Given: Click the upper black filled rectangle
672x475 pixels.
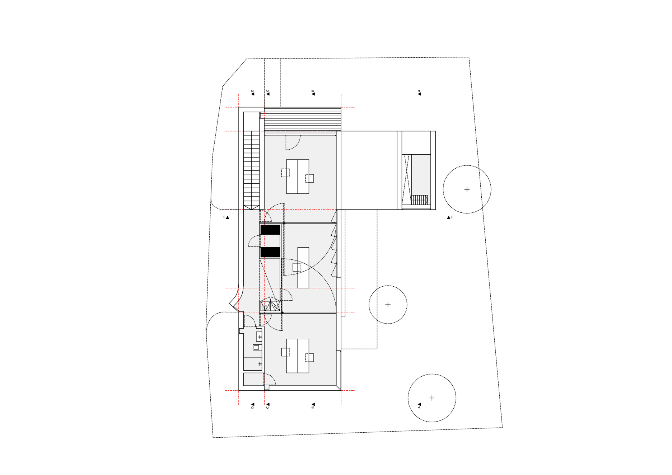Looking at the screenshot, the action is [x=270, y=230].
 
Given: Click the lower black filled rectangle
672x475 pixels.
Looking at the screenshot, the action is [x=270, y=252].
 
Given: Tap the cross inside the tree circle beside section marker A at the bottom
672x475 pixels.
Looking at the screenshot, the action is [x=432, y=398].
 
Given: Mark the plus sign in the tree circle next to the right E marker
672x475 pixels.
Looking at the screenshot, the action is [x=467, y=189].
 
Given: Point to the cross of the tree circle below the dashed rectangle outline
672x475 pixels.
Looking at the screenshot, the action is [x=388, y=305].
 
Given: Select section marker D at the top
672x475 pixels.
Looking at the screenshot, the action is [x=252, y=93].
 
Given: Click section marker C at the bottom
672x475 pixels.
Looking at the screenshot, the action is [x=267, y=405].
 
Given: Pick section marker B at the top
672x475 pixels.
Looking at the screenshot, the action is [x=313, y=93].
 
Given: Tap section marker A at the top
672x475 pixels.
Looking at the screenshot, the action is [x=419, y=93].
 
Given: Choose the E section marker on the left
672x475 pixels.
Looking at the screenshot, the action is [x=226, y=217].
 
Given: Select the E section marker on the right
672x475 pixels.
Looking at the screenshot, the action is [x=450, y=217].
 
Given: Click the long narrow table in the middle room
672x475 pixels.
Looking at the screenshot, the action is [x=303, y=268].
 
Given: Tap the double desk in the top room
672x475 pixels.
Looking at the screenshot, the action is [x=298, y=177].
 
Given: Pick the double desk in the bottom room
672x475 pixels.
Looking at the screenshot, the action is [x=298, y=356].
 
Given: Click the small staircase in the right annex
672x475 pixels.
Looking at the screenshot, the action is [x=419, y=200].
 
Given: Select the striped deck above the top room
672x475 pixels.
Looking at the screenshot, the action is [x=303, y=119].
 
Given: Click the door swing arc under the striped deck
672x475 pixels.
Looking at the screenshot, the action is [x=293, y=142].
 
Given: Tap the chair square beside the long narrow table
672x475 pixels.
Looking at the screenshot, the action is [x=297, y=267].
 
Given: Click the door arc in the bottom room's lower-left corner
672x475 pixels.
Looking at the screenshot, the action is [x=270, y=379].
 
